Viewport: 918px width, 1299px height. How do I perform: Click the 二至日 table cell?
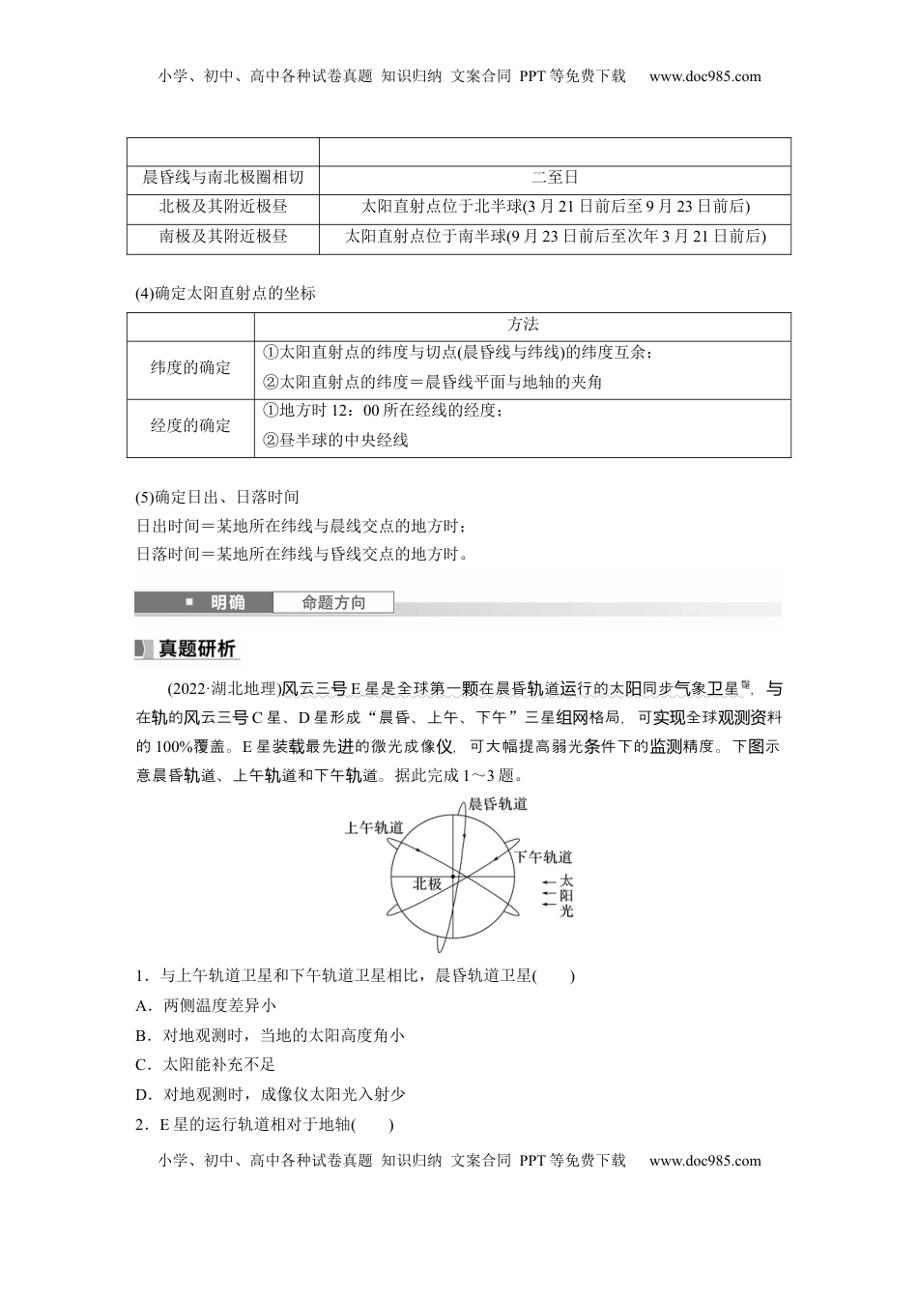tap(555, 177)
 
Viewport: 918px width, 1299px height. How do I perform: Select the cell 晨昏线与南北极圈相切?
tap(223, 177)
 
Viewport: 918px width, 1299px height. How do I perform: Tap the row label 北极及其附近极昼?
tap(223, 206)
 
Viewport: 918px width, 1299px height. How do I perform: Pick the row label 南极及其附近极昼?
tap(223, 236)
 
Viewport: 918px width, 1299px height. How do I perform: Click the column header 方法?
tap(522, 325)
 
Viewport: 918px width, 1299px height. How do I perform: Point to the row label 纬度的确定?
tap(190, 367)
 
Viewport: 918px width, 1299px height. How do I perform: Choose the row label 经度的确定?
tap(190, 425)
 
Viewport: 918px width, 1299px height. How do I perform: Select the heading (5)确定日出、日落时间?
tap(217, 497)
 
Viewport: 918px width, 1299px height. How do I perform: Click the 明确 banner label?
tap(228, 603)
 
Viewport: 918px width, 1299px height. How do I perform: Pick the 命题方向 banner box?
tap(333, 603)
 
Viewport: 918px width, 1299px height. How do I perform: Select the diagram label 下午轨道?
tap(542, 857)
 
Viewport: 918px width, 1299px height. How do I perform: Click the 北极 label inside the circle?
tap(427, 883)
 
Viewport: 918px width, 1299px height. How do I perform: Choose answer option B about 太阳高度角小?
tap(271, 1035)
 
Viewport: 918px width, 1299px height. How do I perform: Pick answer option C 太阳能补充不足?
tap(207, 1064)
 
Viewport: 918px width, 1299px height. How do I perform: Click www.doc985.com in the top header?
tap(705, 76)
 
